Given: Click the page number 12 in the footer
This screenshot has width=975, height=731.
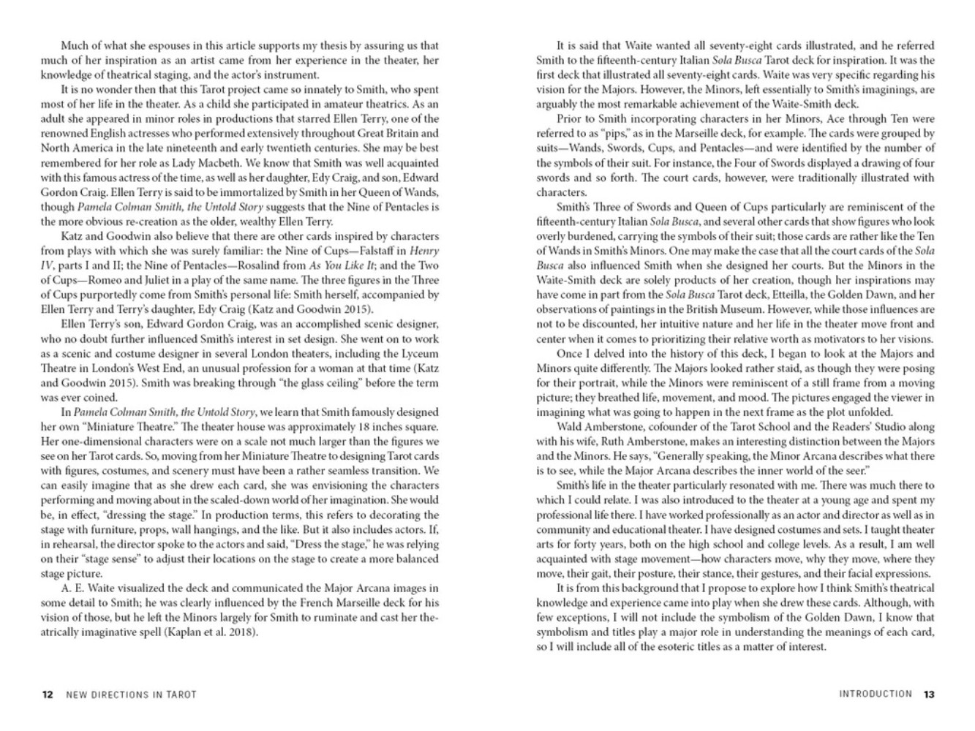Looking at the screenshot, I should point(47,694).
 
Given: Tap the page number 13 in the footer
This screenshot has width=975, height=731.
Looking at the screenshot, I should point(929,694).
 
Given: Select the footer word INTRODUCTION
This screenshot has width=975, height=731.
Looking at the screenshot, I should point(876,694).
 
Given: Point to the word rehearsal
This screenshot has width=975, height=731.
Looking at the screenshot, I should point(73,544).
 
